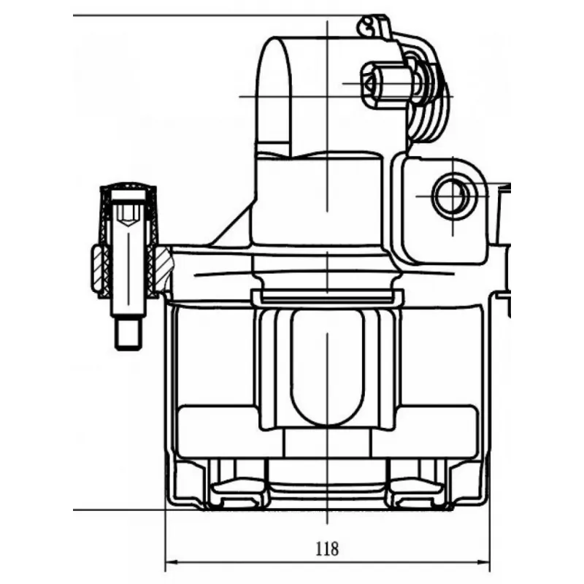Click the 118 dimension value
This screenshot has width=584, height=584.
coord(327,548)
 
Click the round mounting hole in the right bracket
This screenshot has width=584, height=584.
coord(453,196)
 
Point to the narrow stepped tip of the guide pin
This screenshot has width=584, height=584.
coord(128,334)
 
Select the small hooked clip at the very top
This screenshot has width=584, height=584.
coord(374,27)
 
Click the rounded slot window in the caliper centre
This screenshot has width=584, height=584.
coord(327,367)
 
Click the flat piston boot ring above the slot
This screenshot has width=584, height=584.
coord(327,296)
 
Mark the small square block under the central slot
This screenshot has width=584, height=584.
coord(327,442)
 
